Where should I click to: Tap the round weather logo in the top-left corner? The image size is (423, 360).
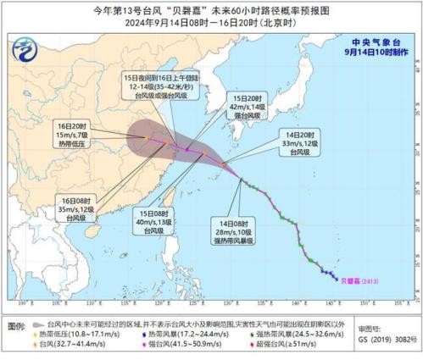29,50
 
